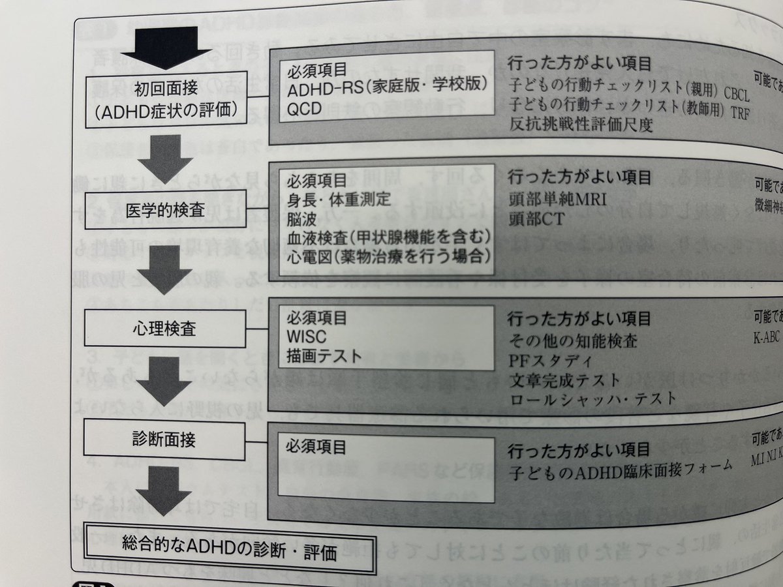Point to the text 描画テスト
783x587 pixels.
[x=319, y=357]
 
